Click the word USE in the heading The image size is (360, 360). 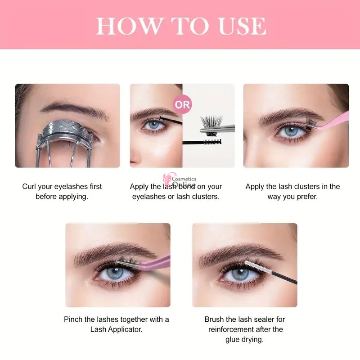(243, 26)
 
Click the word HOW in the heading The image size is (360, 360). (129, 26)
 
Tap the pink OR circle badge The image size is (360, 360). (183, 105)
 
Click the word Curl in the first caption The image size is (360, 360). (29, 186)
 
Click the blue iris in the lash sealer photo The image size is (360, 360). (240, 274)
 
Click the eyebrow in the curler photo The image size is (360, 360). (74, 110)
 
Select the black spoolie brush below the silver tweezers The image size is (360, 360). (202, 142)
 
